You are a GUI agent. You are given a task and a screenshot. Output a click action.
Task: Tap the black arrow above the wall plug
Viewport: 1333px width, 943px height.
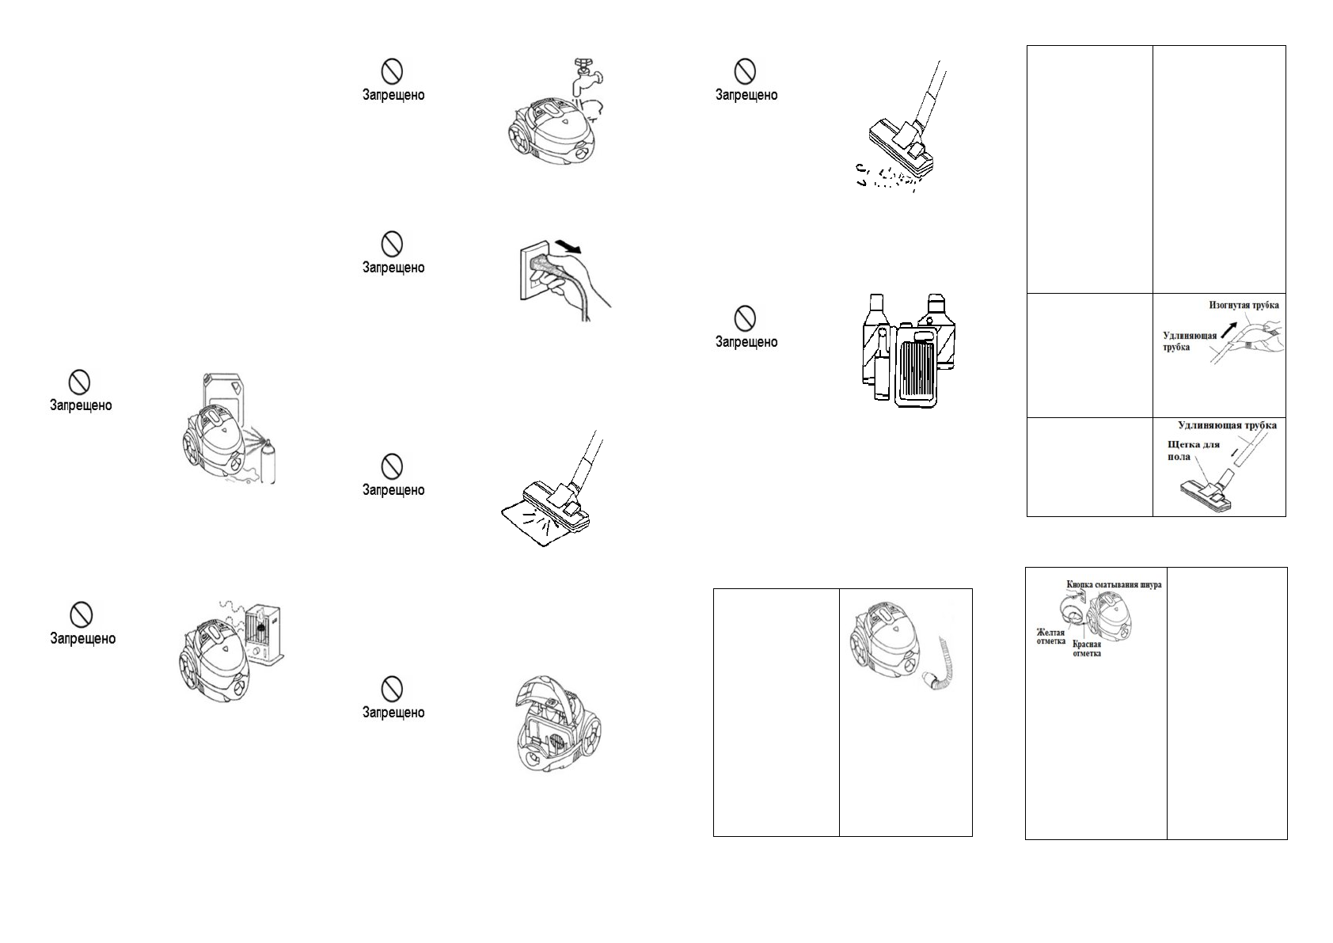568,246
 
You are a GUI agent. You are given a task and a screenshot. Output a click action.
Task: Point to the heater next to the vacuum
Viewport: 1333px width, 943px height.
265,635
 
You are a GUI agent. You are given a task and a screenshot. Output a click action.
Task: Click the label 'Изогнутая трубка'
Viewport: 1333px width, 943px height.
1244,305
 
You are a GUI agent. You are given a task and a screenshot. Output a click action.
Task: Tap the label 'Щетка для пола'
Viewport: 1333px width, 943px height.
1193,451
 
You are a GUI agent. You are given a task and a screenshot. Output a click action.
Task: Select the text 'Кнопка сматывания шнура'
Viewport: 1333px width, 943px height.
1114,584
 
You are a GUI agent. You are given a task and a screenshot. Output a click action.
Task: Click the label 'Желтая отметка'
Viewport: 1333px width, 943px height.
1051,637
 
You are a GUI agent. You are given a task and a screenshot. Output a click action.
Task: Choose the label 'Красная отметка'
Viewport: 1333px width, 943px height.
1087,648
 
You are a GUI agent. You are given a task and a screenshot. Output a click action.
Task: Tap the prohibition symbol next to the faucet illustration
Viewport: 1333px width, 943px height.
392,70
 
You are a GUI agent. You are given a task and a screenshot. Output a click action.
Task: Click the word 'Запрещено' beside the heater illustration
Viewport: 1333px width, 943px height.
82,638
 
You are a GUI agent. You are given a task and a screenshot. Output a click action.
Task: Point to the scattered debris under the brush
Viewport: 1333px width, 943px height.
887,177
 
